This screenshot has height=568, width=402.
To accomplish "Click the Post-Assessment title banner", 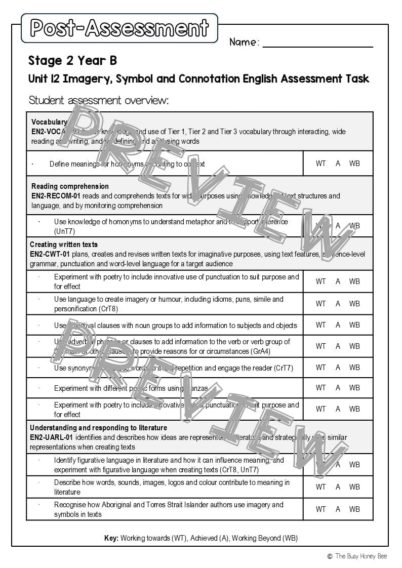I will point(119,28).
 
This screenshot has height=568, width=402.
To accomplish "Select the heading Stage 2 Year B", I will point(72,61).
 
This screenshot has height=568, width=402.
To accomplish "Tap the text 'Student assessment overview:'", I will point(98,100).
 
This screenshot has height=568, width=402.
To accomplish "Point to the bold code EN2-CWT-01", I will point(50,254).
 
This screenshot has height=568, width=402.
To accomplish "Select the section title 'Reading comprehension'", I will point(70,186).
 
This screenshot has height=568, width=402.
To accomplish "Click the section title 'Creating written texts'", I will point(64,245).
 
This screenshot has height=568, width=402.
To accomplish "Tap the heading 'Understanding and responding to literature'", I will point(98,428).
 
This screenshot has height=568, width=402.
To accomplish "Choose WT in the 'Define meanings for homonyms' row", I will point(321,164).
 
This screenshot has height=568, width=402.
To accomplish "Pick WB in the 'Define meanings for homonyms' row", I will point(354,164).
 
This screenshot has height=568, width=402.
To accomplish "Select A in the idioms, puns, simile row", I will point(338,304).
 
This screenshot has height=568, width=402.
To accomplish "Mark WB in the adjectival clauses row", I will point(354,325).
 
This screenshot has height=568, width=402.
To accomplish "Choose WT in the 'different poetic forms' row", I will point(321,388).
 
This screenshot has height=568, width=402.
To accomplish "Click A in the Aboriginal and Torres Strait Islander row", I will point(338,509).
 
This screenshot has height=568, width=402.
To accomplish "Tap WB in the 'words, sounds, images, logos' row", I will point(354,487).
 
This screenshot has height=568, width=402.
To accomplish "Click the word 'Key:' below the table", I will point(111,538).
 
